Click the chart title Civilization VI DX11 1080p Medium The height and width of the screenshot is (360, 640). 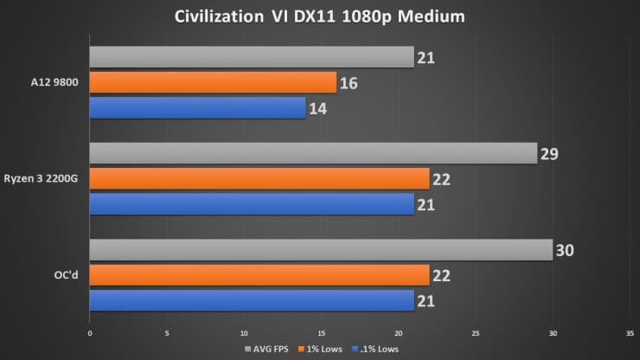[320, 16]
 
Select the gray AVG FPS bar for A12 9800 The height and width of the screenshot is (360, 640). [252, 58]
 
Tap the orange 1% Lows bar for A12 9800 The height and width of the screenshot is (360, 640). [213, 83]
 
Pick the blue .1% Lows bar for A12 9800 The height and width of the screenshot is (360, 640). [197, 108]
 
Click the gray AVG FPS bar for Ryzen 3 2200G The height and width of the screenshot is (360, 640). [313, 154]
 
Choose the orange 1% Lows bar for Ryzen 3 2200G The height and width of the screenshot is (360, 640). [259, 179]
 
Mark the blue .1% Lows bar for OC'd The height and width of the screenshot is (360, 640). [252, 300]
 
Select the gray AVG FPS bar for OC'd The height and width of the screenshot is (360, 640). [321, 250]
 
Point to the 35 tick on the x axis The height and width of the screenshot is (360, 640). [630, 331]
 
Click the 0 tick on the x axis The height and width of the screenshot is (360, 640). [90, 331]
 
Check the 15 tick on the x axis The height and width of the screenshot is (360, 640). [321, 331]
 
